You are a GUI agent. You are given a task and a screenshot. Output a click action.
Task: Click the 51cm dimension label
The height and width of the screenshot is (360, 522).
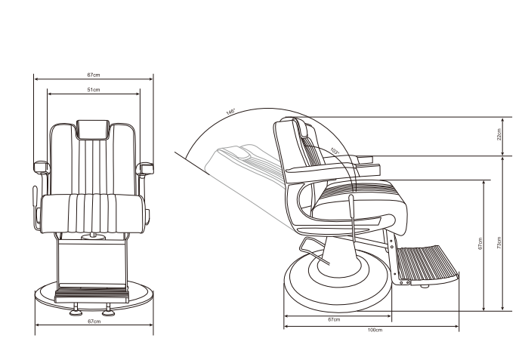(x=94, y=90)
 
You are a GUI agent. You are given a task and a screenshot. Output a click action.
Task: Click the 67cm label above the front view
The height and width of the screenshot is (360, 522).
(x=94, y=75)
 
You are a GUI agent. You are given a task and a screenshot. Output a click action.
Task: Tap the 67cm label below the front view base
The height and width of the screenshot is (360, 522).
(x=94, y=322)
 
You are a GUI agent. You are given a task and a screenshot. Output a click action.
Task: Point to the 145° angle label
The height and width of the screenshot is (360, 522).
(x=230, y=112)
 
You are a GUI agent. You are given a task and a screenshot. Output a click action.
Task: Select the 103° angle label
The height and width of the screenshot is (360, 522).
(x=335, y=151)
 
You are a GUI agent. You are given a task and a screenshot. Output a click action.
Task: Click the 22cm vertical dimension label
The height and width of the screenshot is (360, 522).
(x=499, y=135)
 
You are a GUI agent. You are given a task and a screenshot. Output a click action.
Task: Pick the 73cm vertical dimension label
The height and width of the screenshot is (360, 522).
(x=499, y=245)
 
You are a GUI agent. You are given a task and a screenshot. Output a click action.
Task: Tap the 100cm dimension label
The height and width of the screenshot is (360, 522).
(x=374, y=331)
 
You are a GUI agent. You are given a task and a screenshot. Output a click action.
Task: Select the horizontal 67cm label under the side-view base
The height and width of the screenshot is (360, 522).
(x=333, y=320)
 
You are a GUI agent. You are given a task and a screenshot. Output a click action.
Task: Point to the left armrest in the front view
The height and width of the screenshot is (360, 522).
(x=42, y=166)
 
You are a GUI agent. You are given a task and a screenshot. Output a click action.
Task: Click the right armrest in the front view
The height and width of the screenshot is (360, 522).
(x=145, y=166)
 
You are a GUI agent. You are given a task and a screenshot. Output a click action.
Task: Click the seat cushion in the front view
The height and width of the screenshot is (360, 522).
(x=94, y=213)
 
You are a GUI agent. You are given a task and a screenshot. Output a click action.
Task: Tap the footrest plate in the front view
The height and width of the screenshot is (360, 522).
(x=94, y=288)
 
